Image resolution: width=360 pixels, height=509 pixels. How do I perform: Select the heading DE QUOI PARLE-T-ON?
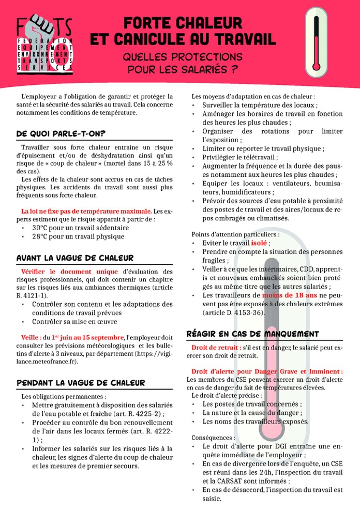[x=61, y=133]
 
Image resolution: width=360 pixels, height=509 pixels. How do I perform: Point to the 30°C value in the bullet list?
[x=41, y=228]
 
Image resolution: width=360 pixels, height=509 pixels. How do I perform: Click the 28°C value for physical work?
[x=41, y=236]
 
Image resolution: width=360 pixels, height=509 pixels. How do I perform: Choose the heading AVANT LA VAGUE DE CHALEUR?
[x=75, y=258]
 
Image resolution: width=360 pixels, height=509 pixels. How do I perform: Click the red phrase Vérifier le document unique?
[x=70, y=272]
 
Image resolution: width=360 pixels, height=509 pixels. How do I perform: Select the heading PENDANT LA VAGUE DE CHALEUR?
[x=81, y=383]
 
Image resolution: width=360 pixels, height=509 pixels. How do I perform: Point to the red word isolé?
[x=259, y=243]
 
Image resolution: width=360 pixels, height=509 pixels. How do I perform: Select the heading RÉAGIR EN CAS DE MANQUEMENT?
[x=252, y=334]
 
